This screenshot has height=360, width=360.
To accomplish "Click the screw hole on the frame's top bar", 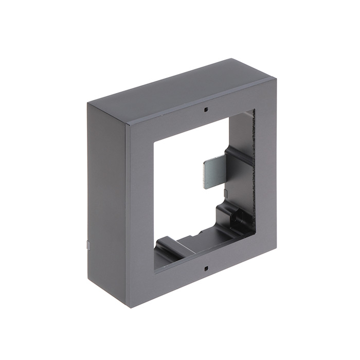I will [x=205, y=109].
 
